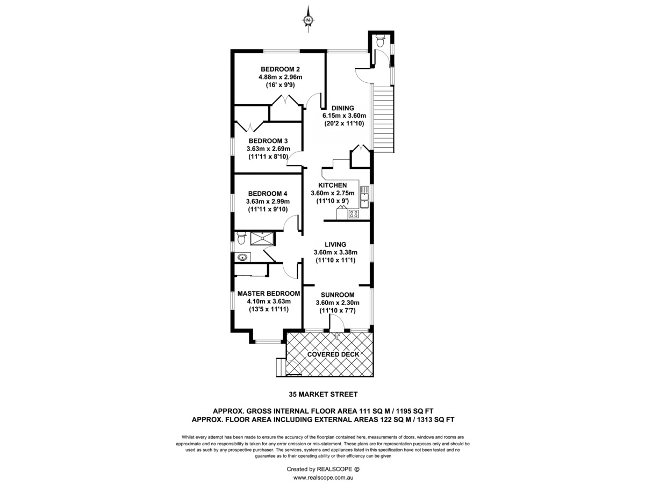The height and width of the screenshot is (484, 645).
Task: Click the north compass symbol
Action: [308, 19]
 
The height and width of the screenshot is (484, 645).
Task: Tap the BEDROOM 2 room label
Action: [280, 69]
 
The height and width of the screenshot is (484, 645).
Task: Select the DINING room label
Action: [342, 108]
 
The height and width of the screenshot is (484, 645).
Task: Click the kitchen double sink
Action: [364, 197]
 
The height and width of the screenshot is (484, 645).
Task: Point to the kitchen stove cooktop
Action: [354, 213]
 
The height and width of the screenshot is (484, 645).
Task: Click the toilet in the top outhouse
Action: [380, 41]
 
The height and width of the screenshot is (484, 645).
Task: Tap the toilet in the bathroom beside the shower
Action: [241, 238]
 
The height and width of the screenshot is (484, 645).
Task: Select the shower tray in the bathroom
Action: [262, 239]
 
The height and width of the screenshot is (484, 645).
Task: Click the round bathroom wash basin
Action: [243, 258]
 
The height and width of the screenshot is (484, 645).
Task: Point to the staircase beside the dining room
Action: [383, 119]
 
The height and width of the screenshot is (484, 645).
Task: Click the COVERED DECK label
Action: [333, 354]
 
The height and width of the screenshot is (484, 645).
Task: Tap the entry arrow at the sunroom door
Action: [337, 336]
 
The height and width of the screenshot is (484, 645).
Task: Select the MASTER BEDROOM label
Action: [269, 294]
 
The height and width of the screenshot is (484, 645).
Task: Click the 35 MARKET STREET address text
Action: [323, 394]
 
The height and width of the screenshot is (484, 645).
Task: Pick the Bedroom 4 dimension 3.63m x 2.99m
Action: [268, 202]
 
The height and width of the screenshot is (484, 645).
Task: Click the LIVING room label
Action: [335, 245]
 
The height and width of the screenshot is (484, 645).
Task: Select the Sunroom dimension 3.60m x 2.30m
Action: [338, 303]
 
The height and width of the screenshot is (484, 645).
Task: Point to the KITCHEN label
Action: [332, 186]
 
